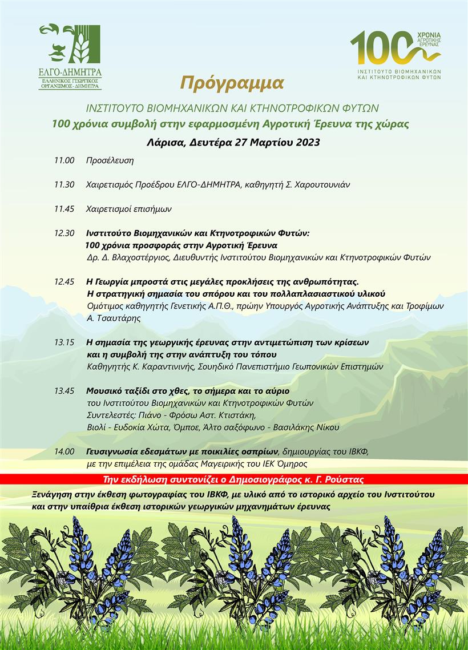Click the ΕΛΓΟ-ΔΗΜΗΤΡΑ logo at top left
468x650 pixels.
(x=70, y=56)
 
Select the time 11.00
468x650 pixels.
(x=64, y=160)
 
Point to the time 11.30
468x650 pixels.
(x=64, y=185)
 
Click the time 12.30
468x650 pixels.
(x=64, y=233)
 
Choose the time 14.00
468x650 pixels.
(x=64, y=451)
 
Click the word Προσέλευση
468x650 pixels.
(x=110, y=160)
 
